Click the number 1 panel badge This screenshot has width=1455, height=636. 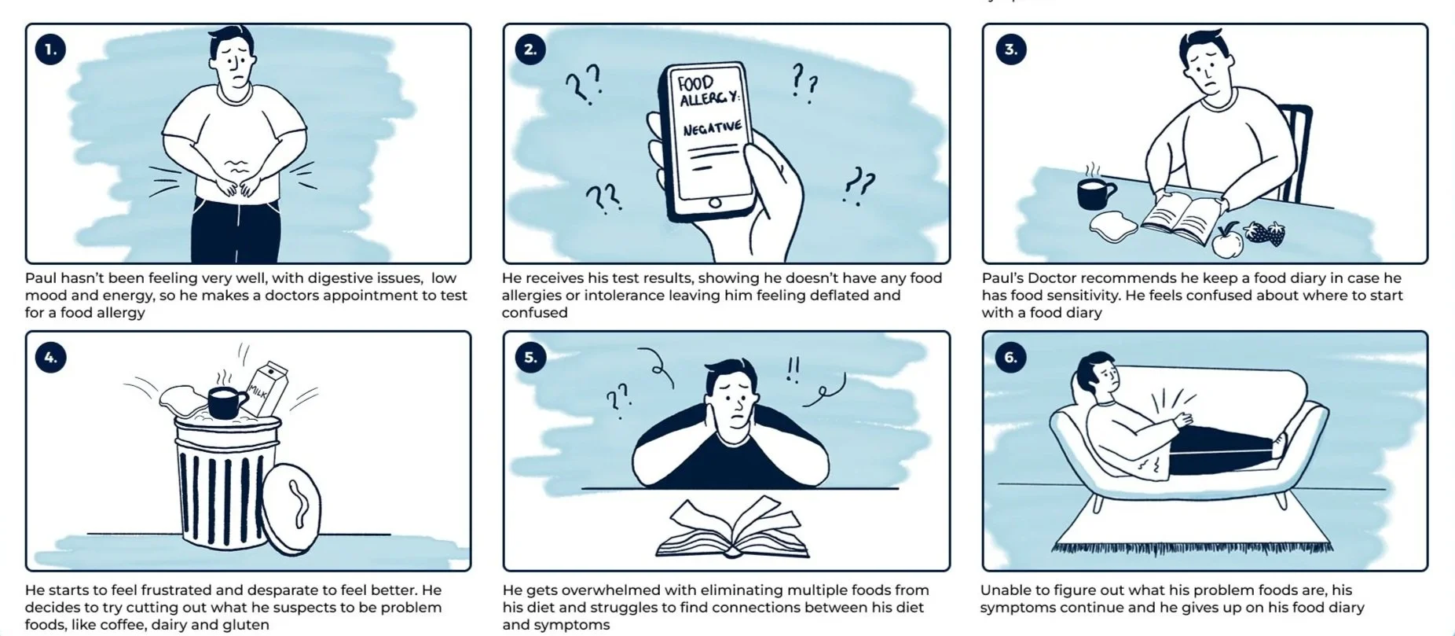coord(50,50)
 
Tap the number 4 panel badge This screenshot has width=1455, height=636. coord(50,357)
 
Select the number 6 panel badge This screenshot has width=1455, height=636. coord(1010,357)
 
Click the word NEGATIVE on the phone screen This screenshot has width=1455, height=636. coord(711,127)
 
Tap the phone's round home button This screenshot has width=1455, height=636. coord(714,203)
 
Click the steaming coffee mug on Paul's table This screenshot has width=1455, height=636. coord(1095,191)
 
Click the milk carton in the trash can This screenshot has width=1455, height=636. coord(267,388)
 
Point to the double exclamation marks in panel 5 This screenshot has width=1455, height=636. coord(793,369)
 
